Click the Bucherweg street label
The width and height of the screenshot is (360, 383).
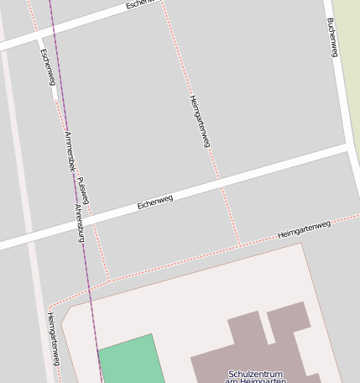pos(332,38)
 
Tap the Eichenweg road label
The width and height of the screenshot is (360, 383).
pos(155,202)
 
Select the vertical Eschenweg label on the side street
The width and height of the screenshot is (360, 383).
pos(47,66)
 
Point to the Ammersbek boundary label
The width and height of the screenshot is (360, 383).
pos(68,151)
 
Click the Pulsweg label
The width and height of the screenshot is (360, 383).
pos(83,191)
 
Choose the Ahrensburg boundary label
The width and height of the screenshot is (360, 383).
pos(80,223)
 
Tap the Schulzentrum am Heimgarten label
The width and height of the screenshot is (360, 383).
pos(255,377)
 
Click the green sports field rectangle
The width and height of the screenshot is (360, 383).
pos(130,359)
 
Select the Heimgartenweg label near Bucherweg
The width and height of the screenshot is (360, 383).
pos(304,229)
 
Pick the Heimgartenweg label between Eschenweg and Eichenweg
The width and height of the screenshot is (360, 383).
pos(199,122)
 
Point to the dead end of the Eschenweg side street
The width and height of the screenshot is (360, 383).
pos(55,98)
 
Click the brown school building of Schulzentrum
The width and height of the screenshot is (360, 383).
pos(252,344)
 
